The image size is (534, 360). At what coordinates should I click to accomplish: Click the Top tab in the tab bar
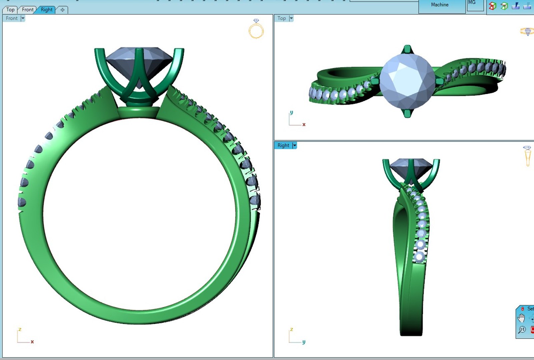(10, 10)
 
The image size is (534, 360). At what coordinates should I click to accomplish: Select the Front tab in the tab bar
(28, 10)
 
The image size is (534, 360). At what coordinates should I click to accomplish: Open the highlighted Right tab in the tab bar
(46, 10)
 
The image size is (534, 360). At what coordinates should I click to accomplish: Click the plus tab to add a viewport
(62, 10)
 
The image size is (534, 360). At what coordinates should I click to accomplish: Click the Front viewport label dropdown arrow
(23, 18)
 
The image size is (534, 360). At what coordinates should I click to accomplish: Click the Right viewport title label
(283, 145)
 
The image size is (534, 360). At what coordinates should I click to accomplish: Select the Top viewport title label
(282, 18)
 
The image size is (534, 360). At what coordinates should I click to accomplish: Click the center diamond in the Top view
(407, 81)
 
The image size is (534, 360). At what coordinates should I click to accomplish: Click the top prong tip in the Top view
(407, 49)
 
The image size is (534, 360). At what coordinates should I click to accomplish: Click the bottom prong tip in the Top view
(407, 113)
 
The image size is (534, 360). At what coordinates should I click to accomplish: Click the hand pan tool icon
(521, 318)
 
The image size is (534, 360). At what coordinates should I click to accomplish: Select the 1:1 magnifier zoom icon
(522, 330)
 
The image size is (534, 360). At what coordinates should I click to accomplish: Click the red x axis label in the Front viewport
(32, 342)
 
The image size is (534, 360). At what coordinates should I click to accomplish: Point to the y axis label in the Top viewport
(292, 112)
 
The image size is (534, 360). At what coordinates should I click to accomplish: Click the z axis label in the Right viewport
(292, 329)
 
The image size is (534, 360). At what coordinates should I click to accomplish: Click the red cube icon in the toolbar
(492, 6)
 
